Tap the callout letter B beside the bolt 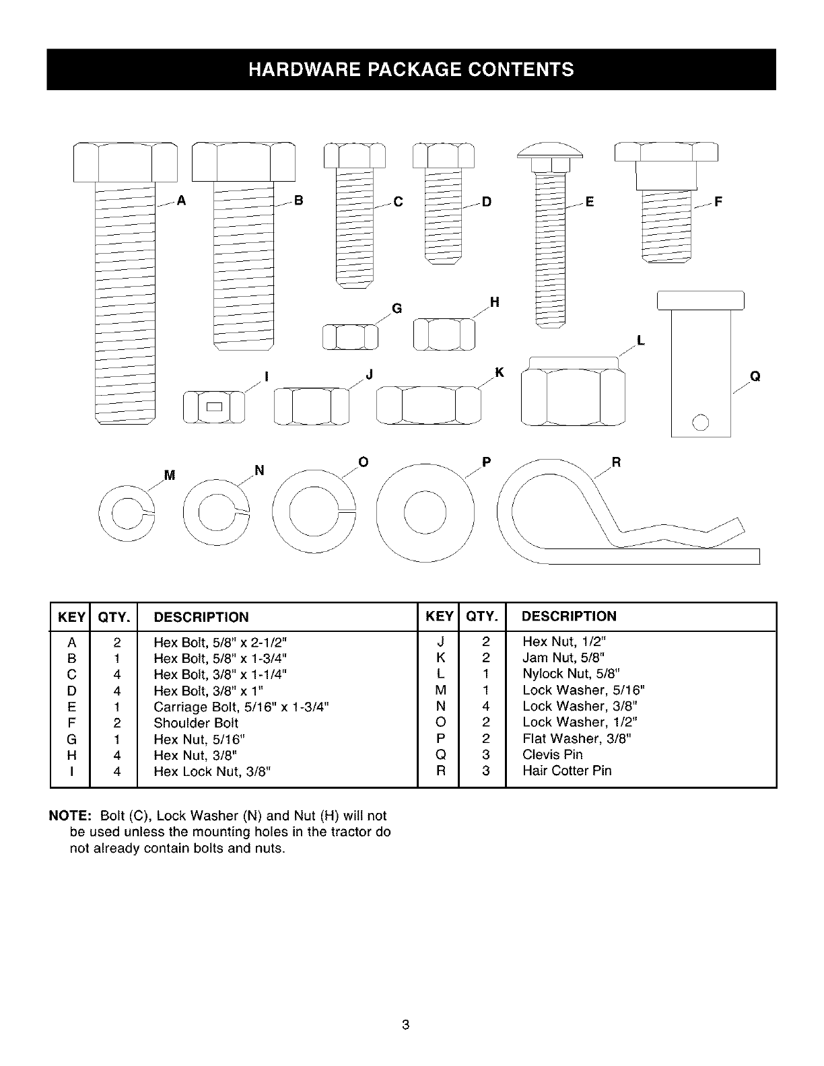[299, 201]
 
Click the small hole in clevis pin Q [701, 422]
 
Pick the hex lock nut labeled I [214, 406]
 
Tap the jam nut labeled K [429, 405]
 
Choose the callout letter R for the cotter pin [615, 462]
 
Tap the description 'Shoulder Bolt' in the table [196, 723]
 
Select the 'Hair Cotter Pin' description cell [567, 771]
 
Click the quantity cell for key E [116, 707]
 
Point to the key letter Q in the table [441, 755]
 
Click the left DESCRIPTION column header [201, 617]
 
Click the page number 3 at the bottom [405, 1025]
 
